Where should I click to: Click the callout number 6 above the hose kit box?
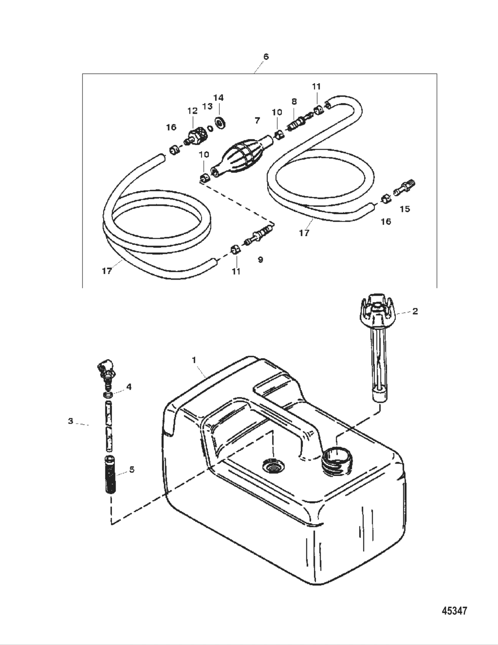pyautogui.click(x=266, y=57)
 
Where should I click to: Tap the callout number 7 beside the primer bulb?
pyautogui.click(x=257, y=120)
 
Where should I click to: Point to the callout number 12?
pyautogui.click(x=192, y=111)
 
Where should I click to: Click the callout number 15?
pyautogui.click(x=405, y=208)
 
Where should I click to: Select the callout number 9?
pyautogui.click(x=261, y=260)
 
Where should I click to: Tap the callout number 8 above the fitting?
pyautogui.click(x=294, y=101)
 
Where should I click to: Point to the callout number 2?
pyautogui.click(x=415, y=311)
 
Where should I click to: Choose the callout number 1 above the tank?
pyautogui.click(x=194, y=361)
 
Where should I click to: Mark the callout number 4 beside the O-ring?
pyautogui.click(x=129, y=387)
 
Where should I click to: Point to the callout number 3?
pyautogui.click(x=70, y=421)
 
